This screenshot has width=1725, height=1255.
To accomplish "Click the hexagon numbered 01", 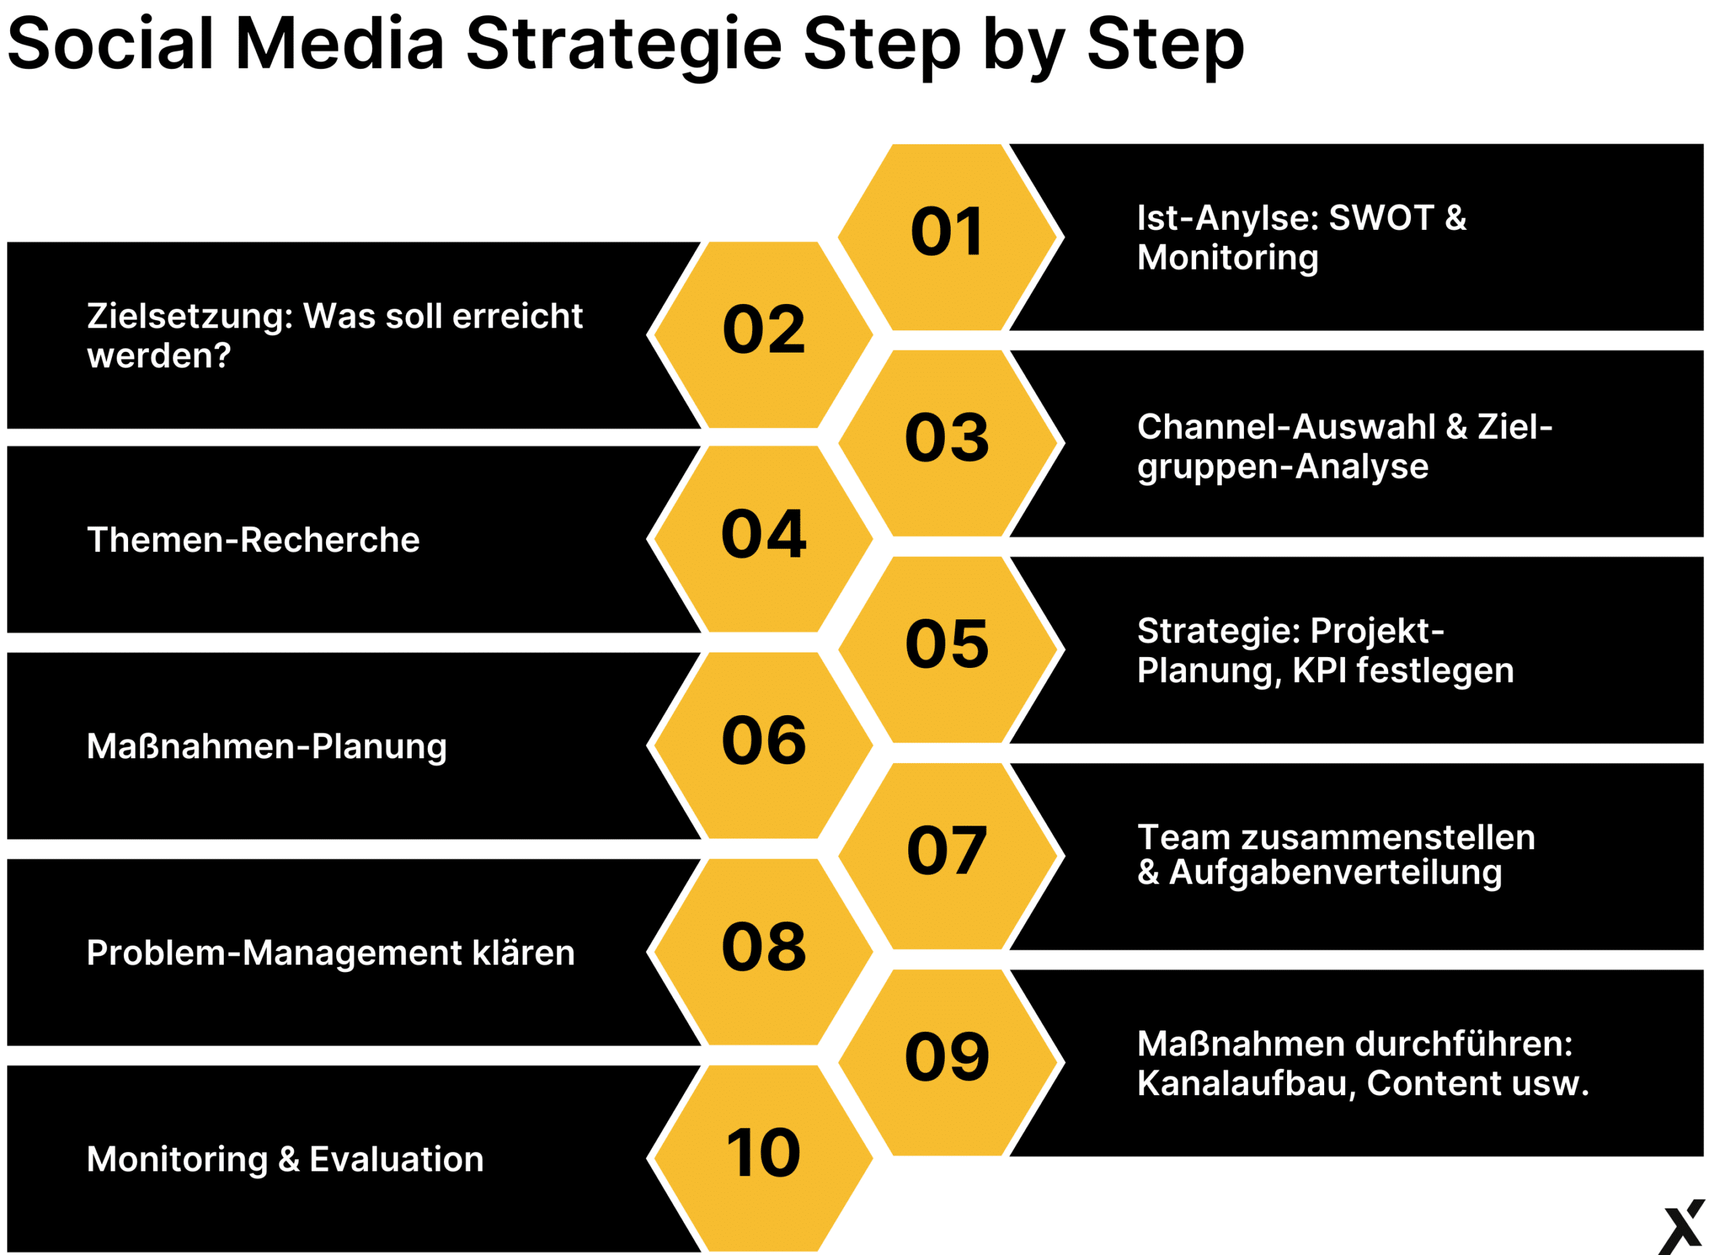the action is pyautogui.click(x=950, y=237).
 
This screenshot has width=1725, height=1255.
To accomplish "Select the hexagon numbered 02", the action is pyautogui.click(x=763, y=335).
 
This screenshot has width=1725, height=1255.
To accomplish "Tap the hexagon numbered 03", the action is pyautogui.click(x=950, y=443).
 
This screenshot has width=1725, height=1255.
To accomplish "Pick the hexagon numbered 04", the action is pyautogui.click(x=763, y=539).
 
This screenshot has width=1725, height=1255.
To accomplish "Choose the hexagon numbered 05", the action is pyautogui.click(x=950, y=650).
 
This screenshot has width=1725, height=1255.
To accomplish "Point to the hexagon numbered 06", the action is pyautogui.click(x=763, y=745).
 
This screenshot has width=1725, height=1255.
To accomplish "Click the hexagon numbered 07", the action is pyautogui.click(x=950, y=857).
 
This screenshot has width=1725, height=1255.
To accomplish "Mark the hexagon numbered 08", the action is pyautogui.click(x=763, y=952).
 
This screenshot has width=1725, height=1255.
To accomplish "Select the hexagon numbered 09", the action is pyautogui.click(x=950, y=1062).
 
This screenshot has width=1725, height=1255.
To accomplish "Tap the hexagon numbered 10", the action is pyautogui.click(x=763, y=1159).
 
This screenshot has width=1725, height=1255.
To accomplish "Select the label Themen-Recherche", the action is pyautogui.click(x=253, y=540).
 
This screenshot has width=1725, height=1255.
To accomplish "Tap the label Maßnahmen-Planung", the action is pyautogui.click(x=267, y=747).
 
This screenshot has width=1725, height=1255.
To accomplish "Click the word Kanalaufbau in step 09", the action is pyautogui.click(x=1247, y=1084).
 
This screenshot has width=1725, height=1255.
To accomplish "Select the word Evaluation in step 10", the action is pyautogui.click(x=396, y=1160).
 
